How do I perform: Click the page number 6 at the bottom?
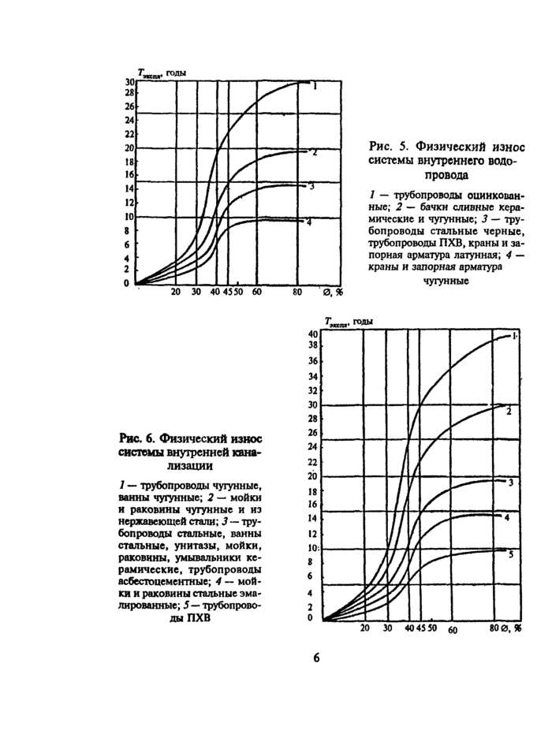(316, 658)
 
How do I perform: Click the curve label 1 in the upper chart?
(315, 87)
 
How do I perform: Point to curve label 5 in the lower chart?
(511, 555)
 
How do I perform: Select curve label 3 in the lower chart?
(511, 483)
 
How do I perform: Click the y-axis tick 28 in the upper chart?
(129, 92)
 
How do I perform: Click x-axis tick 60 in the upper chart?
(257, 292)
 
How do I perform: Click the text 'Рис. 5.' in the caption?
(386, 146)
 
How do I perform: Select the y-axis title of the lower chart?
(347, 322)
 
